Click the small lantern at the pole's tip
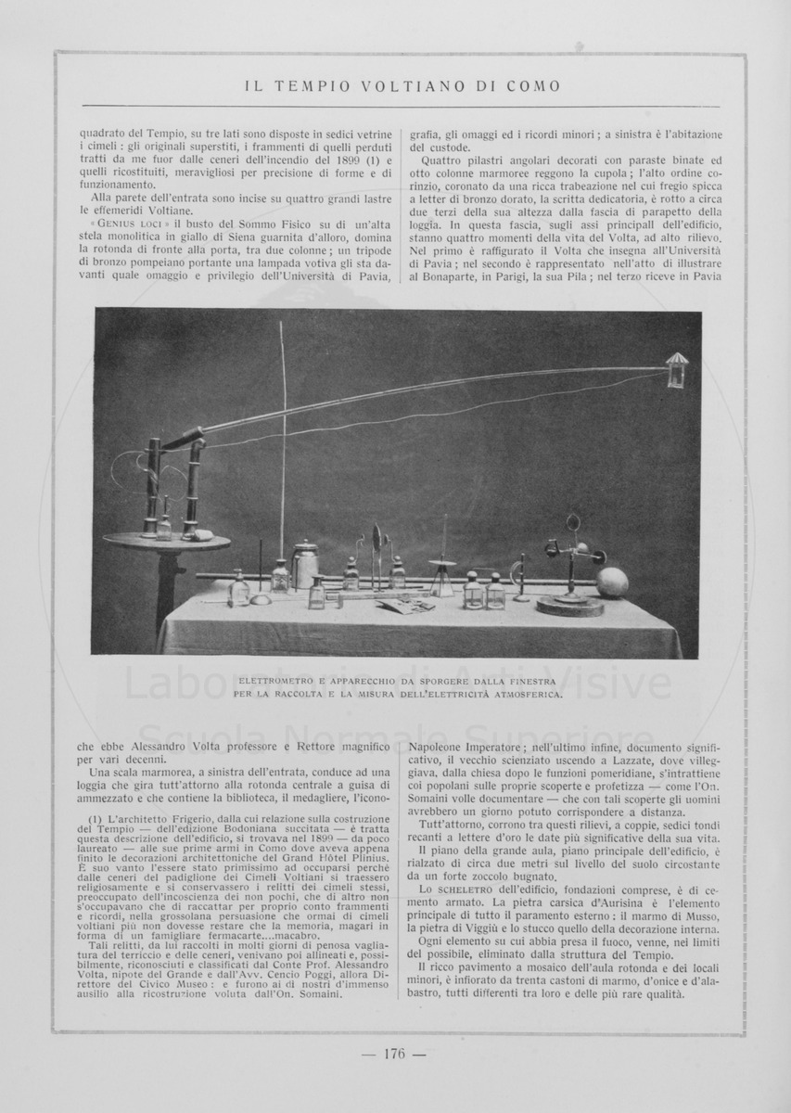[x=676, y=368]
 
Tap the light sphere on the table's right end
[x=612, y=582]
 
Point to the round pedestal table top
[x=153, y=541]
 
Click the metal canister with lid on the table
[x=305, y=563]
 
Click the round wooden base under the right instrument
[x=569, y=607]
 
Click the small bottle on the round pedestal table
[x=164, y=526]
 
